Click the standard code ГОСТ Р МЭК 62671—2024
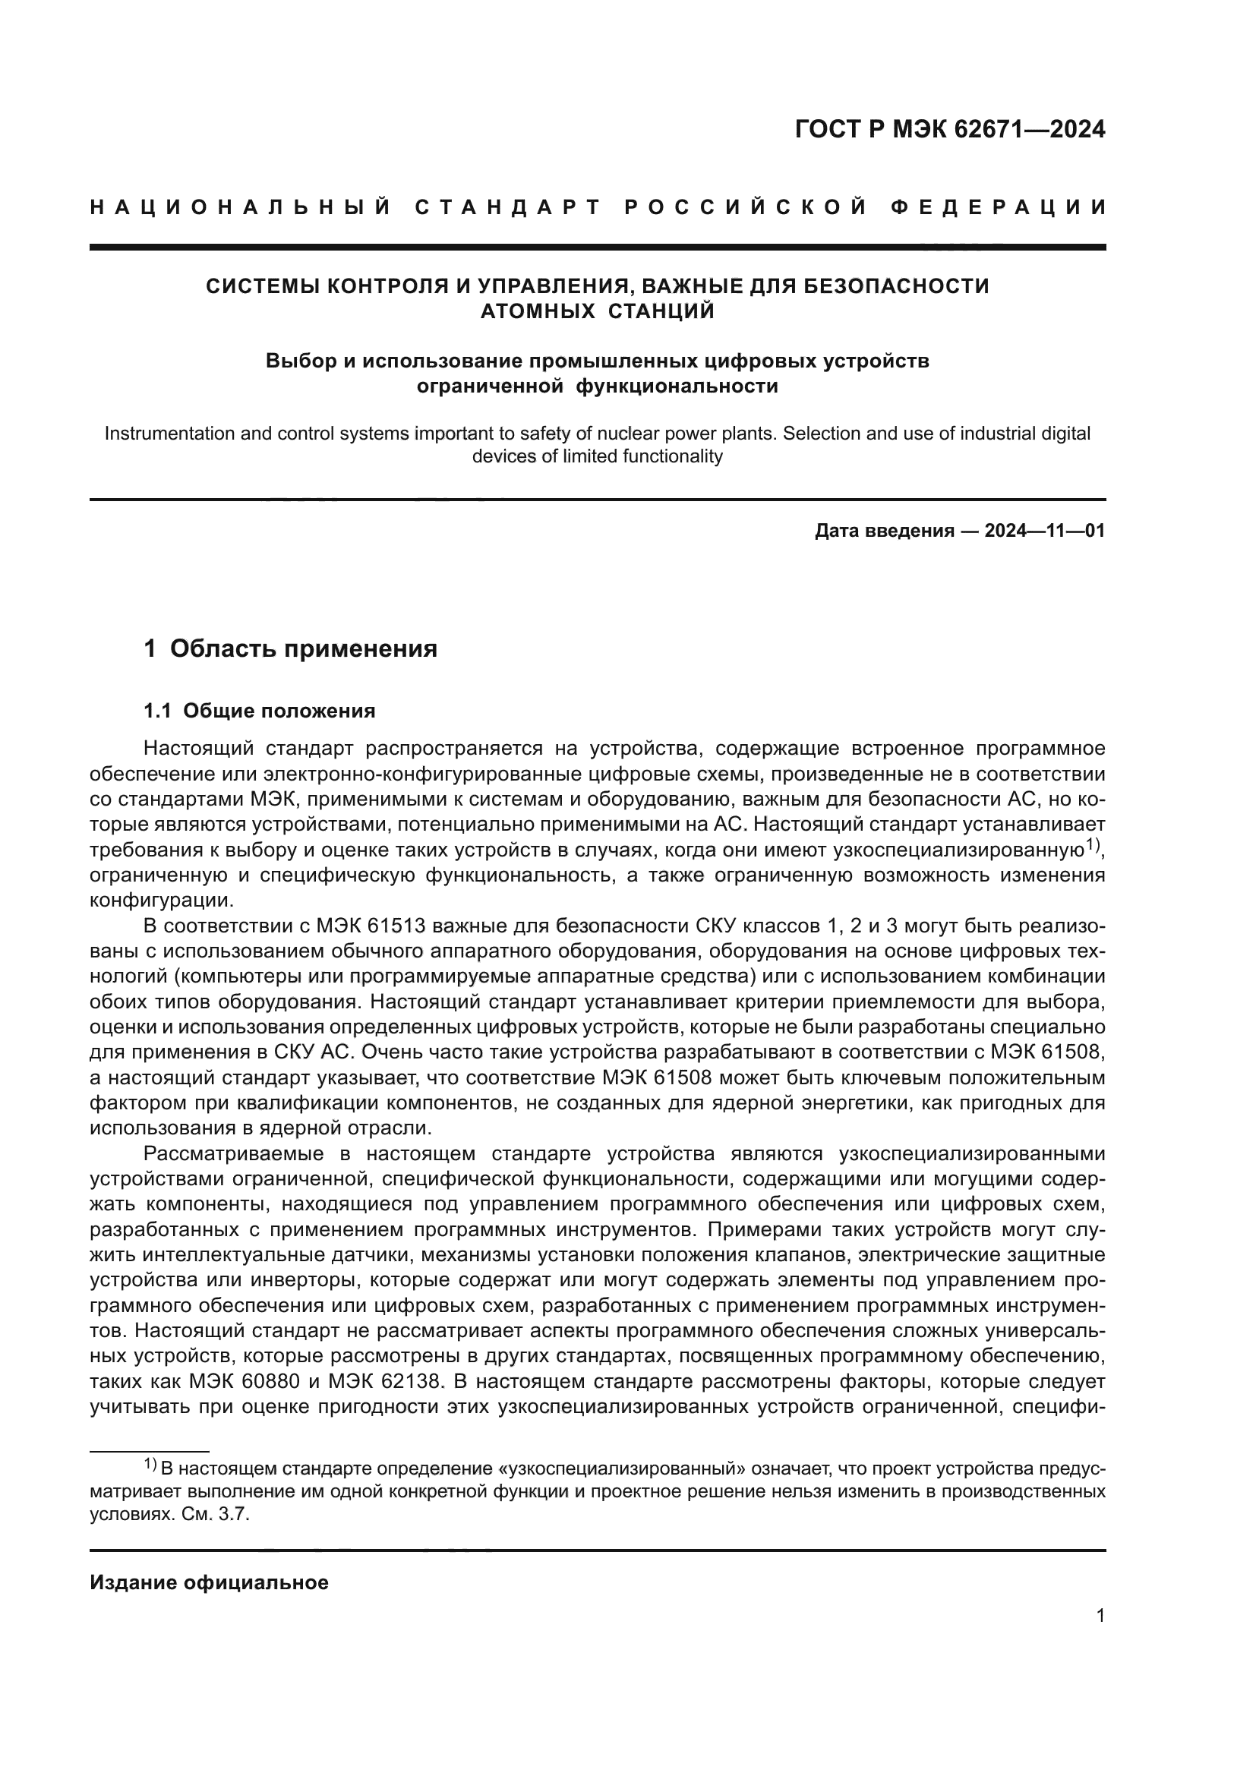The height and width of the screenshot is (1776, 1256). coord(950,129)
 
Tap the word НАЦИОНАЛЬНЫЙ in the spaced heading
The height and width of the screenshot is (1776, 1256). coord(241,207)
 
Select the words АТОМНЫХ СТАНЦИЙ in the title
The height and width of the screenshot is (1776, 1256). coord(597,312)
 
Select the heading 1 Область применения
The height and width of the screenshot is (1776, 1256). coord(291,648)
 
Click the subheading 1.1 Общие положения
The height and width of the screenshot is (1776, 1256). coord(260,711)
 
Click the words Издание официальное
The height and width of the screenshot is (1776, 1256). coord(209,1582)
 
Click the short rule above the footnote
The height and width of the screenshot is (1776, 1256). coord(150,1452)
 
